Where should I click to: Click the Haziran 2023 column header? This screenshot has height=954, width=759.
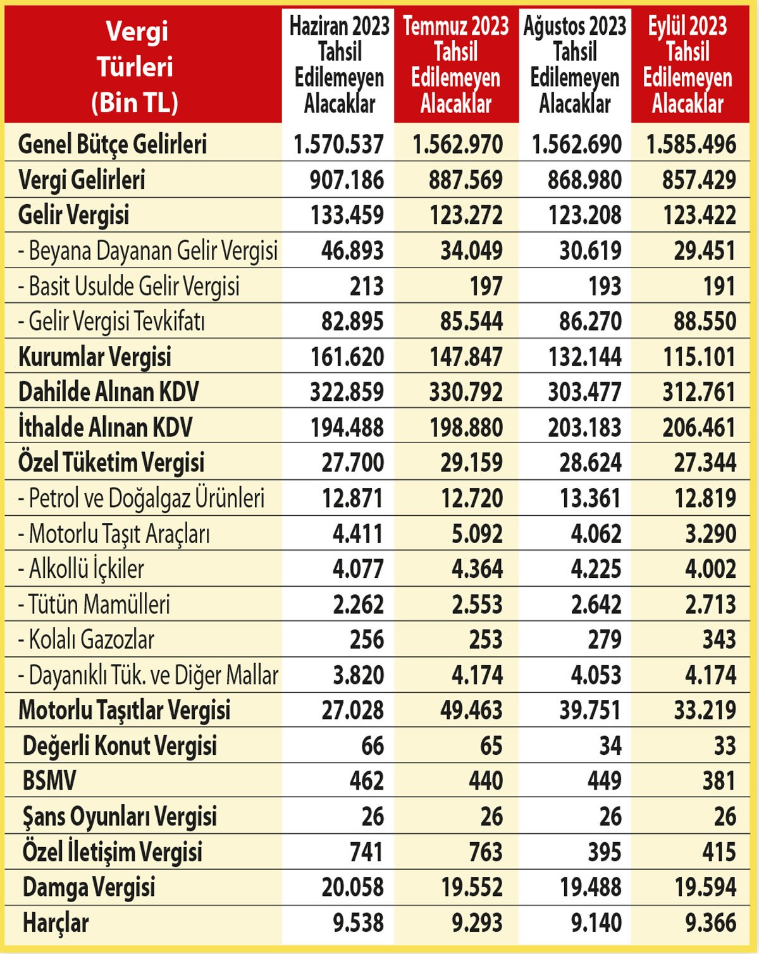(340, 64)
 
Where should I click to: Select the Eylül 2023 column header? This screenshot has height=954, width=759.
(688, 64)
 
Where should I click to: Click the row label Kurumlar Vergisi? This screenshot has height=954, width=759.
(94, 357)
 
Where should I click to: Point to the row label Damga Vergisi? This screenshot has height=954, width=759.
(89, 886)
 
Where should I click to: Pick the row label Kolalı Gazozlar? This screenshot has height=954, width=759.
(86, 639)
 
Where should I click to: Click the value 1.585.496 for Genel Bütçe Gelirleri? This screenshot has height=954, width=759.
(691, 144)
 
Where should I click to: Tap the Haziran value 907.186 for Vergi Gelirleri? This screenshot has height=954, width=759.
(347, 180)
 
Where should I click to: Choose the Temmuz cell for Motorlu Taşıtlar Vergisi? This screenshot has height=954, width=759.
(471, 710)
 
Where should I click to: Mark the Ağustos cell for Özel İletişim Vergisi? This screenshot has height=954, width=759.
(604, 851)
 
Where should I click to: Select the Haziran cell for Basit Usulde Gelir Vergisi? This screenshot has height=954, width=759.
(366, 286)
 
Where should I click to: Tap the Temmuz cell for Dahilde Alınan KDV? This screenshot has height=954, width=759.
(466, 392)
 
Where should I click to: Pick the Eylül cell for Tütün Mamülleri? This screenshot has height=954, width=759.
(710, 604)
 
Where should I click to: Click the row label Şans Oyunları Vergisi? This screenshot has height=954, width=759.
(120, 816)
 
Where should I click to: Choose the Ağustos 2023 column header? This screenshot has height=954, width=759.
(574, 64)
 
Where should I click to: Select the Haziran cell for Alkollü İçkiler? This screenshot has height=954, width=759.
(358, 568)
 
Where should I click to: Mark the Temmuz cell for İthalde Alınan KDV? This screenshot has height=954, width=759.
(466, 427)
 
